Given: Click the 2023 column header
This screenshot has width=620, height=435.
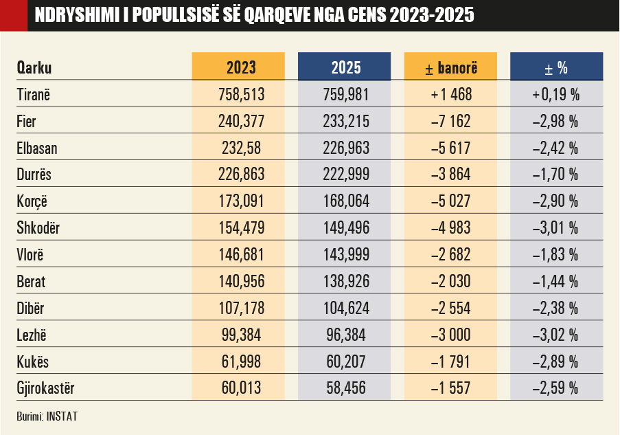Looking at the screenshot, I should point(240,68).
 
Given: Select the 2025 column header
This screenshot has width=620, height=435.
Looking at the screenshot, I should point(346,68).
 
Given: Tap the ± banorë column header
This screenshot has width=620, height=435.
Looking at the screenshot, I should point(451,68).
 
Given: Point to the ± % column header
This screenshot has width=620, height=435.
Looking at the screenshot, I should point(556,68).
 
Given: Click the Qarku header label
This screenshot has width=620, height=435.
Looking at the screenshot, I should point(34,68).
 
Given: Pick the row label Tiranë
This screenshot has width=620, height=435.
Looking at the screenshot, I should point(34,95).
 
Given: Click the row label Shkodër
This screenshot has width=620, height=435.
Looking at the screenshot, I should point(38,228).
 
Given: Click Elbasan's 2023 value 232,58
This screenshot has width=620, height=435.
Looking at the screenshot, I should point(240,148).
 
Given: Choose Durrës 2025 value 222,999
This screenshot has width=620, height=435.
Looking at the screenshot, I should point(346,175).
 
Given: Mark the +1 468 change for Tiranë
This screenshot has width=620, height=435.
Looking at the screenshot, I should point(451,95).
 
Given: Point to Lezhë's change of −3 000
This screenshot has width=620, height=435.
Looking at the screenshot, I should point(451,335).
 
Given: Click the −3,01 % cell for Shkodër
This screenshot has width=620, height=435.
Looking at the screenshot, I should point(556,228).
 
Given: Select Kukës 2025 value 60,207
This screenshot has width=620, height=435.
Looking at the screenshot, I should point(346,362).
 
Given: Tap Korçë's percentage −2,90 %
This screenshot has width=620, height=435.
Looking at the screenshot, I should point(556,201).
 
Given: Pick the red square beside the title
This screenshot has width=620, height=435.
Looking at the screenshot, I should point(13,15).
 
